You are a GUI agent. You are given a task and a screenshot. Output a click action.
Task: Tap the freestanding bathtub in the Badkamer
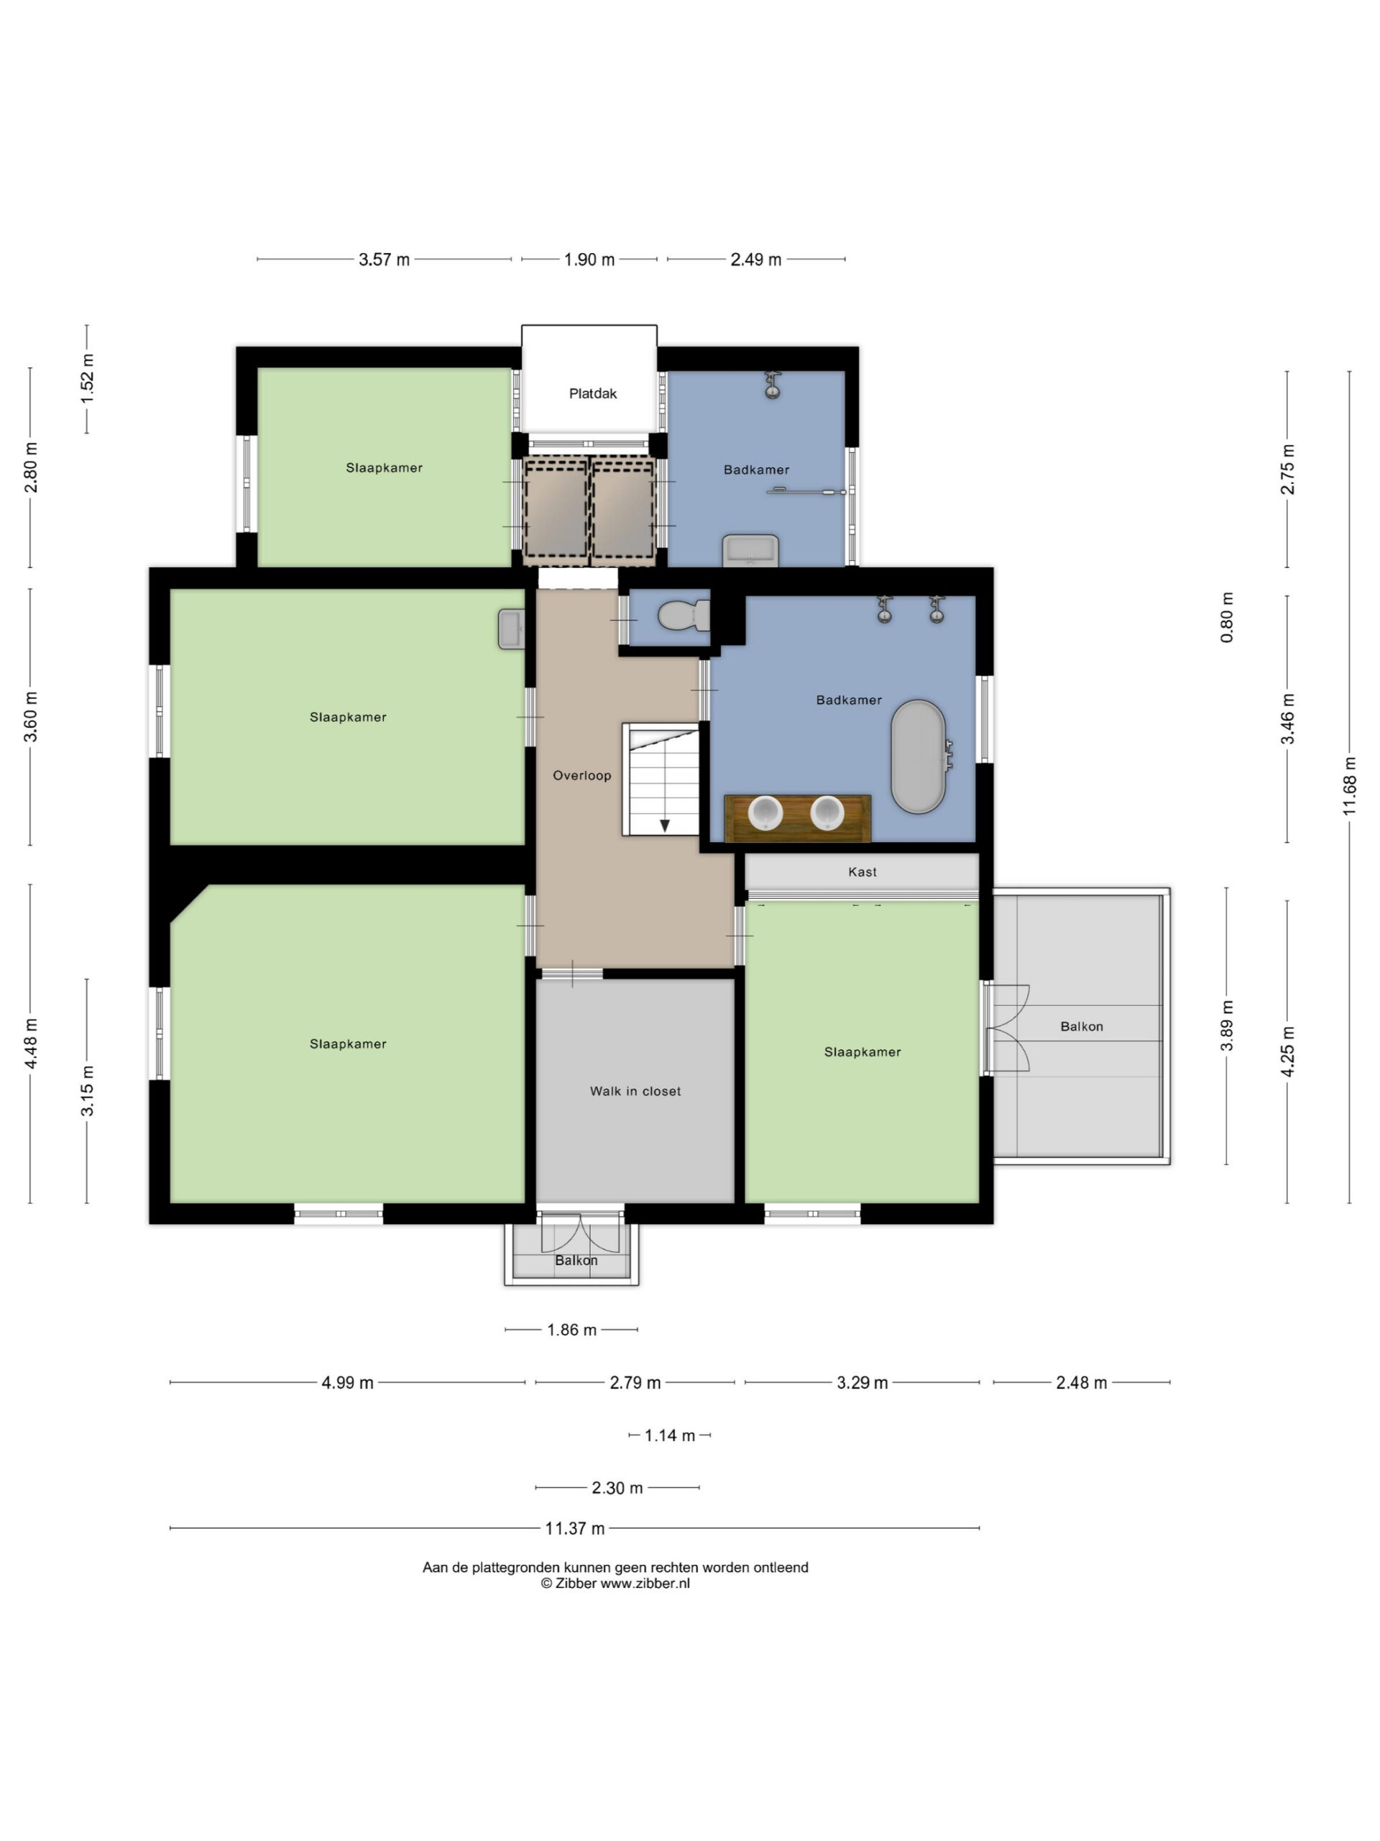click(x=919, y=757)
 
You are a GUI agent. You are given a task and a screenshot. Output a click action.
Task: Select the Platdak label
click(x=593, y=393)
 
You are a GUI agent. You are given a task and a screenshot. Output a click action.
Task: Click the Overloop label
click(x=582, y=776)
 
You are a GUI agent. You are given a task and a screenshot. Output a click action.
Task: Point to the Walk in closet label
click(x=635, y=1091)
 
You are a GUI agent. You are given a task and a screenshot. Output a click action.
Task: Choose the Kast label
click(x=862, y=872)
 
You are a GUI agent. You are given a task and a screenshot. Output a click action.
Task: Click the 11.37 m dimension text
click(x=575, y=1529)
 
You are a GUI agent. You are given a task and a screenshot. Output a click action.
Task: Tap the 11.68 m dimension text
click(x=1349, y=786)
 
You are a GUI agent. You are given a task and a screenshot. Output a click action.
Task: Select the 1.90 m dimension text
click(x=589, y=260)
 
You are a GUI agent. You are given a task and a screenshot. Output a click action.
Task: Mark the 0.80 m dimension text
click(x=1227, y=618)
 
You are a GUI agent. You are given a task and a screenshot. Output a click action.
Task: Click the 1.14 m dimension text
click(x=670, y=1435)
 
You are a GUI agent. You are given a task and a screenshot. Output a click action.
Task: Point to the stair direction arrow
click(x=665, y=826)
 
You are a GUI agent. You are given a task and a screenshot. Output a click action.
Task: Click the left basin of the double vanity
click(x=765, y=813)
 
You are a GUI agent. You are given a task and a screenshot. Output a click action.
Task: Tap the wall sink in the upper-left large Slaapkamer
click(x=511, y=629)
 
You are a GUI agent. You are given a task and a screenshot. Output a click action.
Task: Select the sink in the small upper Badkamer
click(x=750, y=550)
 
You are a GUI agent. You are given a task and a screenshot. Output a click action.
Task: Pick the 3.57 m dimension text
click(x=385, y=260)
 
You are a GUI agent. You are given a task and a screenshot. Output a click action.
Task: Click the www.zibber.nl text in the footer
click(x=645, y=1584)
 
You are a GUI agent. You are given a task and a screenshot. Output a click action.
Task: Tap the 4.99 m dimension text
click(x=348, y=1383)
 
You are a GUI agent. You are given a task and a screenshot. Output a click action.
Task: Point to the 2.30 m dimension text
click(x=617, y=1488)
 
